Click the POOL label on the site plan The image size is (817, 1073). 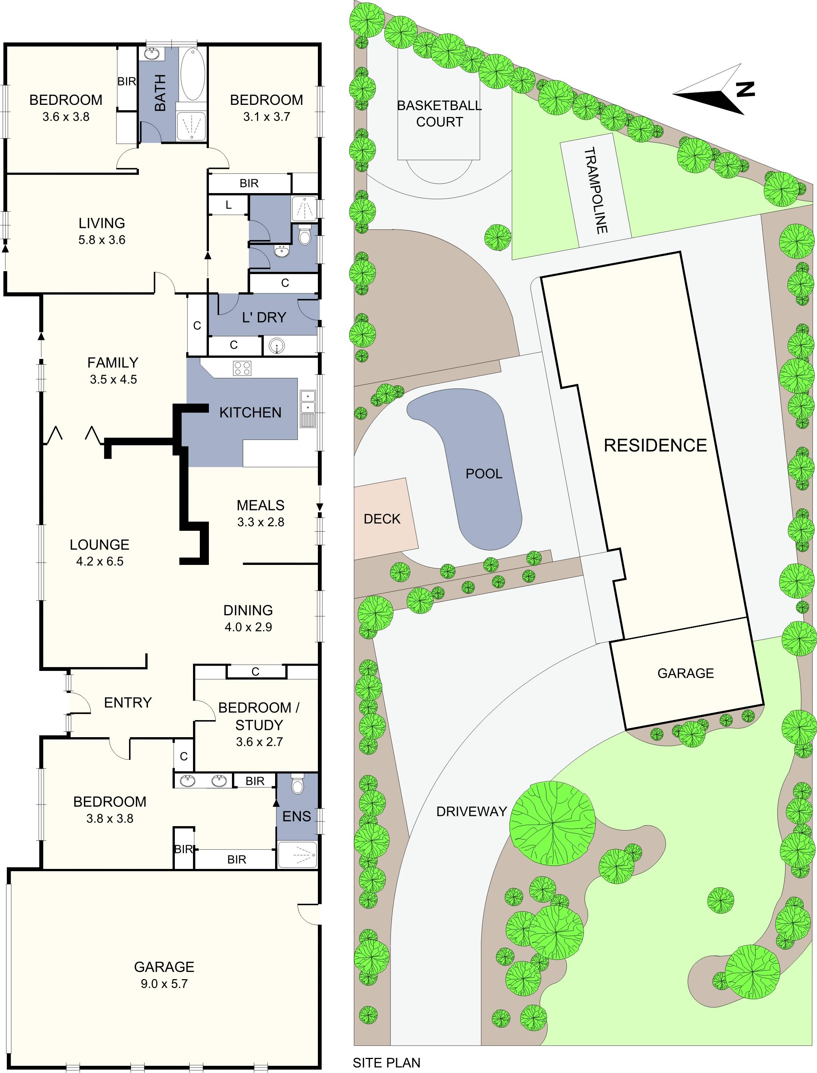(x=484, y=474)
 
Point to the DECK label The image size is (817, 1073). (x=382, y=519)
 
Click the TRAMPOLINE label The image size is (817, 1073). (x=596, y=190)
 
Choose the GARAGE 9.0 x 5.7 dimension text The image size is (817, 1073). (x=164, y=984)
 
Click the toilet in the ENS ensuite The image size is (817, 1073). (x=297, y=785)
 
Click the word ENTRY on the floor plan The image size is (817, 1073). (x=128, y=702)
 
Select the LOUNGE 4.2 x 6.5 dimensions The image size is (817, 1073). (x=100, y=561)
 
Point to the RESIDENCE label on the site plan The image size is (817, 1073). (x=655, y=445)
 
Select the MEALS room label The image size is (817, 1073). (x=261, y=505)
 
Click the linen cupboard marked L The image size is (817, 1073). (x=228, y=205)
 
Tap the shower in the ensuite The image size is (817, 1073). (x=297, y=855)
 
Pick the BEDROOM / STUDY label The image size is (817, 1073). (x=259, y=716)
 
